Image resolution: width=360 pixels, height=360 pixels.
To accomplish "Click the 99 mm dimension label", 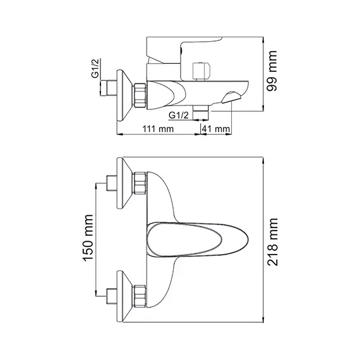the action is [x=272, y=71].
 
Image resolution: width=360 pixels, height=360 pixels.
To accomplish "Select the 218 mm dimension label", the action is [x=273, y=242].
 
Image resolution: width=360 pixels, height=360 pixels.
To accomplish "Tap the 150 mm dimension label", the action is [x=88, y=238].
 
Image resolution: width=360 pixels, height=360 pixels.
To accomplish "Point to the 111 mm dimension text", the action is [x=158, y=129].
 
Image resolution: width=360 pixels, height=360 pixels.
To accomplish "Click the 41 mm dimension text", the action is [x=215, y=129].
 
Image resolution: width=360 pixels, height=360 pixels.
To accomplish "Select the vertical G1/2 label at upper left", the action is [x=95, y=68].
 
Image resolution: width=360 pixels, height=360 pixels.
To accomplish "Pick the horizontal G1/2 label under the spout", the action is [x=179, y=115].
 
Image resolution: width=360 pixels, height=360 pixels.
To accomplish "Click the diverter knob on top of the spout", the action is [x=201, y=71].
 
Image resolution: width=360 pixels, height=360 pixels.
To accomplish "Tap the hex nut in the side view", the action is [x=140, y=95].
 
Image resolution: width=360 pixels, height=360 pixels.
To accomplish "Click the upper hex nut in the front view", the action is [x=140, y=183].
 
